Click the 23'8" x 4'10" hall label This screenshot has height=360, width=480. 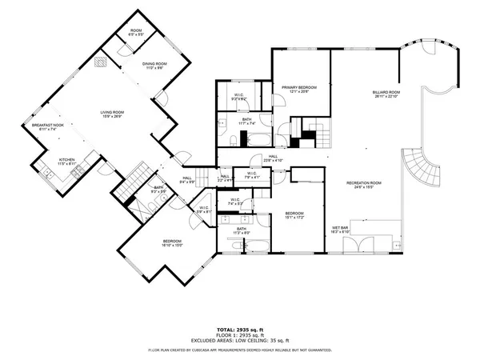273,158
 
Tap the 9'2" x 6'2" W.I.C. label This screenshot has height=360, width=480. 238,98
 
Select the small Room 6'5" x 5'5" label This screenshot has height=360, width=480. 136,34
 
